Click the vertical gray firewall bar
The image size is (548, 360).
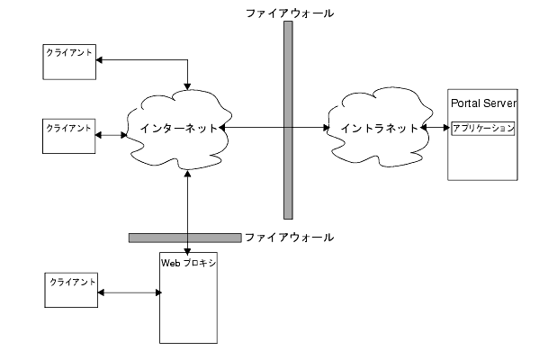tap(288, 120)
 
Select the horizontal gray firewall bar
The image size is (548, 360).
tap(184, 238)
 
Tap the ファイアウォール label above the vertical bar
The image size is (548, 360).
tap(290, 13)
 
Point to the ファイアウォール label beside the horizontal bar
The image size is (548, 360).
tap(290, 238)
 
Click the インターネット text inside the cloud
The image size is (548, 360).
tap(179, 129)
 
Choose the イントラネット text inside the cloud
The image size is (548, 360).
tap(380, 129)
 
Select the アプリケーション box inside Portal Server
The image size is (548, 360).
tap(483, 129)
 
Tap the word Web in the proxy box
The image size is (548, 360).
tap(171, 263)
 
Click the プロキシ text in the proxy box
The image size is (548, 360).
tap(200, 263)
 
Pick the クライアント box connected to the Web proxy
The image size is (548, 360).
tap(71, 290)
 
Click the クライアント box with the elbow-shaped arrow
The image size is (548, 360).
tap(69, 62)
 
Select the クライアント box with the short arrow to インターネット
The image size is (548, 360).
tap(69, 136)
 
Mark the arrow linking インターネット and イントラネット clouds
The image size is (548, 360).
tap(274, 128)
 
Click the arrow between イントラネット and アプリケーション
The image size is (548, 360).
tap(435, 128)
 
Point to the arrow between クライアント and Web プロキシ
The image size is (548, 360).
tap(130, 292)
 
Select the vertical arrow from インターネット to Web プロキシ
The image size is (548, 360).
tap(188, 212)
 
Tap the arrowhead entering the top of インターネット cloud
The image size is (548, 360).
tap(188, 86)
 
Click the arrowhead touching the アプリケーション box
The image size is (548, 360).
tap(446, 128)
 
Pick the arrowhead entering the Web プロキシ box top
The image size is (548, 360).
tap(188, 252)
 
